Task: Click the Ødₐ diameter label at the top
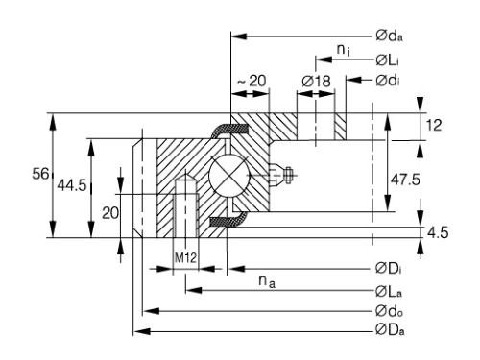tap(389, 36)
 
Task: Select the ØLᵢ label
tap(387, 60)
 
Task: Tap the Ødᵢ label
tap(388, 80)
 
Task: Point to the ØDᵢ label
tap(388, 268)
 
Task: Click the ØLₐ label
tap(389, 291)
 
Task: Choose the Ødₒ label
tap(389, 311)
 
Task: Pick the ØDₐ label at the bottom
tap(390, 329)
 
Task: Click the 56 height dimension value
tap(40, 174)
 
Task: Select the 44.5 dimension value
tap(72, 185)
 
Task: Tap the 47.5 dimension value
tap(405, 180)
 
